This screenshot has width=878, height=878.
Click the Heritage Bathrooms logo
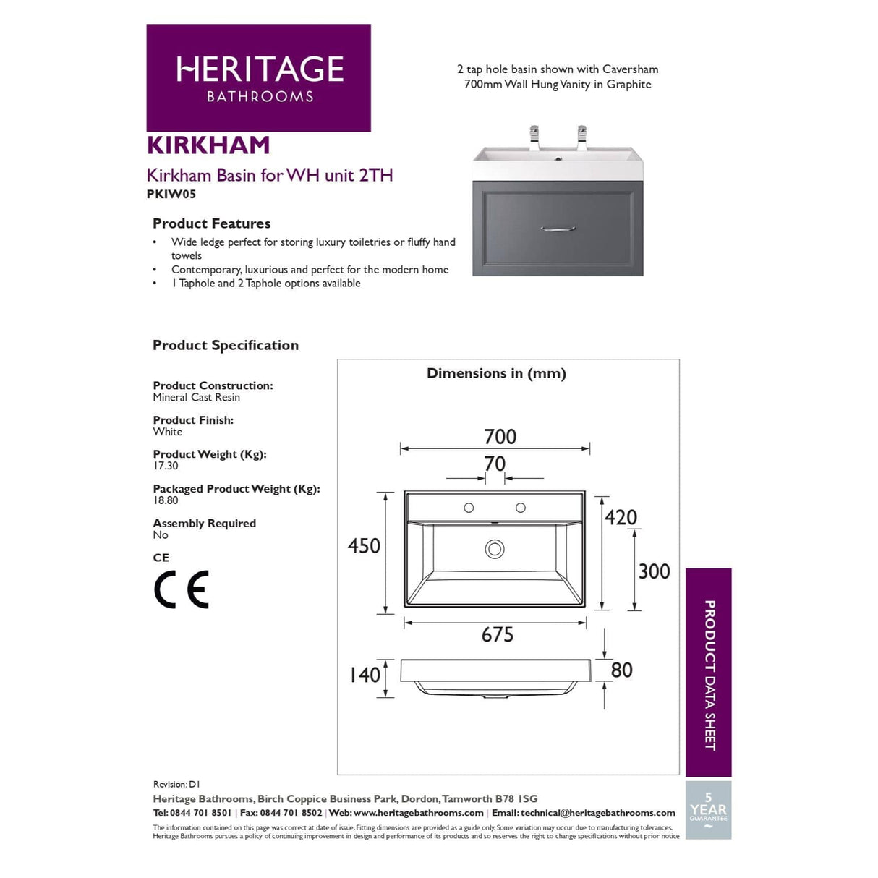pos(258,78)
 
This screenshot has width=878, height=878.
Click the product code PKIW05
pos(171,194)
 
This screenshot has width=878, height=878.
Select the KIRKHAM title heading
pos(208,145)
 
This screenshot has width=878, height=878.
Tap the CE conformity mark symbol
pos(181,589)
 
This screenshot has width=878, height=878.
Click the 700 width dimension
pos(500,437)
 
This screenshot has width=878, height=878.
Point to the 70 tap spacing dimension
pos(495,464)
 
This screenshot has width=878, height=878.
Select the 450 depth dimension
pos(364,546)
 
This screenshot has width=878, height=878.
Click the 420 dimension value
pos(621,518)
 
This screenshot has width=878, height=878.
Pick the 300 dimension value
pos(654,571)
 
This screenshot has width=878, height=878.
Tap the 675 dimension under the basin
pos(498,635)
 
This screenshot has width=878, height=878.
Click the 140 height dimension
pos(365,675)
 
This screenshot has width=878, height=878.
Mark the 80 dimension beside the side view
pos(621,670)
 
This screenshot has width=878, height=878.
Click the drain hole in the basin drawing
pos(495,549)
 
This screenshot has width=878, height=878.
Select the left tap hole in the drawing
pos(469,508)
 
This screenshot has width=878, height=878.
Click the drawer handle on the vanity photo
pos(558,229)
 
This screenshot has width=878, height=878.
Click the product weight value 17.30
pos(166,466)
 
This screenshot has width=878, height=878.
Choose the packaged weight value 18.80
pos(166,500)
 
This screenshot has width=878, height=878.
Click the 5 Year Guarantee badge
pos(708,810)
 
